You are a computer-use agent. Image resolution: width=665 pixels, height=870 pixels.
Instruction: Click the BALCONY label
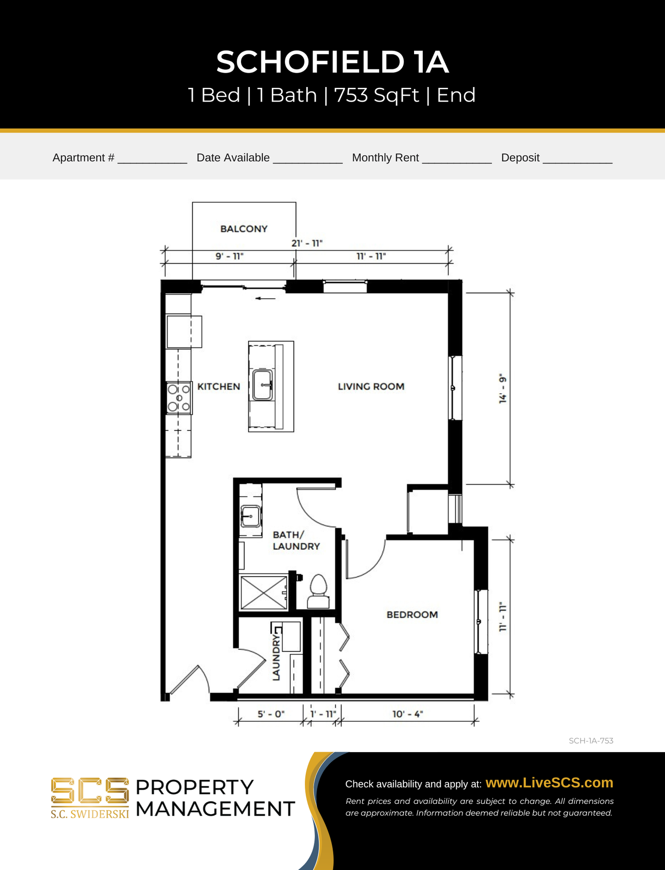tap(244, 229)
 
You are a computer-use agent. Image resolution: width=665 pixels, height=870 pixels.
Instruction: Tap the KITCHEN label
tap(218, 387)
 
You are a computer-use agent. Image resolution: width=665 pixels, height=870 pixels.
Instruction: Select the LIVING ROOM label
tap(371, 387)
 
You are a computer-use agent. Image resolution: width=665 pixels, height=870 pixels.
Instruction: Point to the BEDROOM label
tap(412, 614)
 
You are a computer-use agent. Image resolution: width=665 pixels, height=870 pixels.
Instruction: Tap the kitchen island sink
tap(263, 385)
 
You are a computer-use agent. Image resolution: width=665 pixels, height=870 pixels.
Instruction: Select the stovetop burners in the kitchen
tap(179, 398)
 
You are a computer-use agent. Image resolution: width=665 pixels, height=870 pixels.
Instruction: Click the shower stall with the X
tap(264, 593)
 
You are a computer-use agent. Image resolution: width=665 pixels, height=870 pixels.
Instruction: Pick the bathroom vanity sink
tap(251, 516)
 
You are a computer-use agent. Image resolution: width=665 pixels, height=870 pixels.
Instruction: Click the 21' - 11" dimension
tap(307, 243)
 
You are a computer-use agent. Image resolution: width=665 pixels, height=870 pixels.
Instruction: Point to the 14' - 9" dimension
tap(502, 389)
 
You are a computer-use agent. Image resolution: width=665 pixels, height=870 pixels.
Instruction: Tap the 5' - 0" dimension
tap(271, 714)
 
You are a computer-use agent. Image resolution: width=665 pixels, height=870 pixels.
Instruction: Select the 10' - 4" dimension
tap(407, 714)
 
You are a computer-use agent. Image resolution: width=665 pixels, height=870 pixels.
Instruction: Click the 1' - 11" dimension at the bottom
tap(323, 714)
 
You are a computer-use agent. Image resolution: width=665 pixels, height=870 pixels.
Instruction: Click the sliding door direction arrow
tap(265, 298)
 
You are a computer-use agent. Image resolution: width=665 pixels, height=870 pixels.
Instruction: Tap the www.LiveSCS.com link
tap(549, 783)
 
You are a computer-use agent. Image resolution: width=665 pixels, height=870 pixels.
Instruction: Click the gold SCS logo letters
tap(90, 791)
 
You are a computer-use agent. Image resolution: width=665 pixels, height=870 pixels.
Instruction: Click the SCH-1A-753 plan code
tap(591, 741)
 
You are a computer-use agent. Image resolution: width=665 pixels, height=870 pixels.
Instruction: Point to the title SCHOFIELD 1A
tap(332, 62)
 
